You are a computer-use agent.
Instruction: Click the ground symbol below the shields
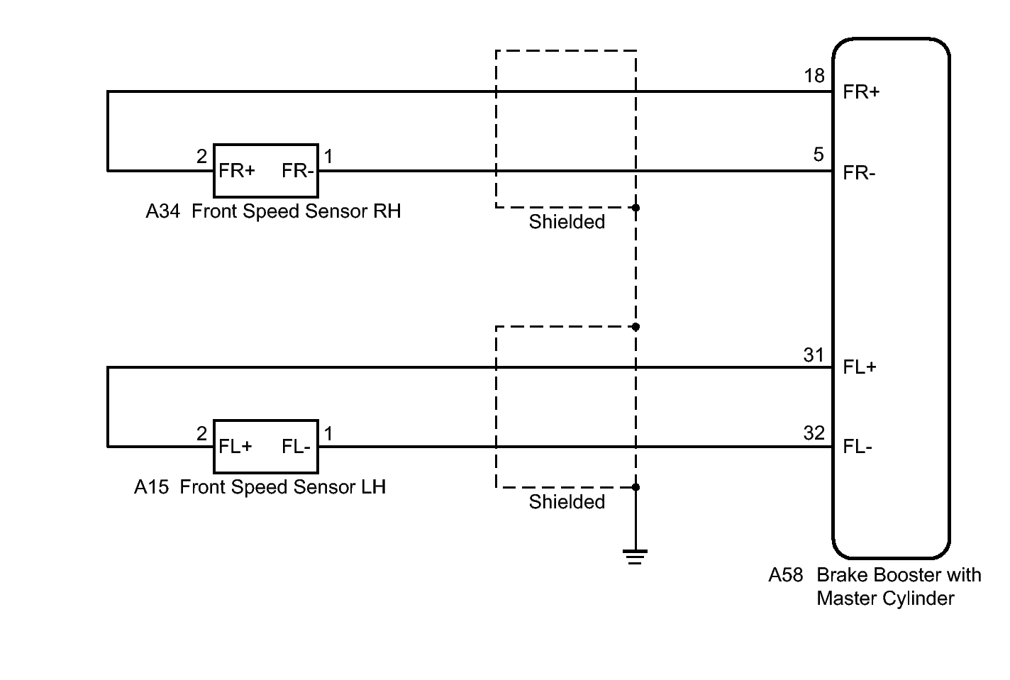635,557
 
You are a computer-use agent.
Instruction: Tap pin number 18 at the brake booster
814,76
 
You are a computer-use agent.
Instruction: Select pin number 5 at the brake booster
818,155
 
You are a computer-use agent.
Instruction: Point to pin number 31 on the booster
814,355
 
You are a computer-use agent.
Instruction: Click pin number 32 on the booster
814,433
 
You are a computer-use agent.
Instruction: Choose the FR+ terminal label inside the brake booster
861,92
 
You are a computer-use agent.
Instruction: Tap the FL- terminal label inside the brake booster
858,447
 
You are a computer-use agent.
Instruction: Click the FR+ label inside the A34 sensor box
237,171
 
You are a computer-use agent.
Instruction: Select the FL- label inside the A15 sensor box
296,447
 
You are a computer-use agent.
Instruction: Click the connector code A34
162,211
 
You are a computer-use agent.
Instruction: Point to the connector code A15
152,487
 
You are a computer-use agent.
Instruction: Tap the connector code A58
786,575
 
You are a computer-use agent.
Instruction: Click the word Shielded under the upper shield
567,222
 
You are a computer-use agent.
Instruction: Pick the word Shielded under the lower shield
567,501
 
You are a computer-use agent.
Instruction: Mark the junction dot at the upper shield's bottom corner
636,208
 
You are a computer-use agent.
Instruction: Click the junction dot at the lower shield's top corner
636,327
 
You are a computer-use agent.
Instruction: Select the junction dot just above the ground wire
636,487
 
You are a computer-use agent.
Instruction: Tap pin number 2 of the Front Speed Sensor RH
201,157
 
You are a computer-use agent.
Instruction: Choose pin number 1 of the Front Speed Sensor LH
328,433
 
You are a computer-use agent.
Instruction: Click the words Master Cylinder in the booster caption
886,599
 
